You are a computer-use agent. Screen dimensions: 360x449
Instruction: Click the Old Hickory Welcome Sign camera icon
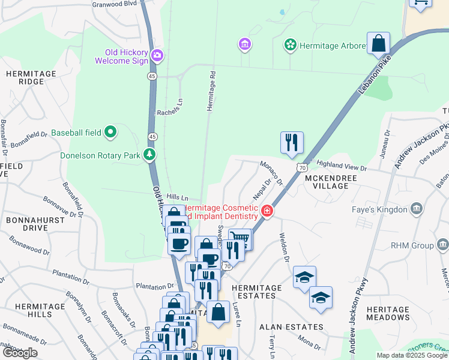point(157,56)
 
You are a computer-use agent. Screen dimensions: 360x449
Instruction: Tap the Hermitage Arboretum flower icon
point(290,45)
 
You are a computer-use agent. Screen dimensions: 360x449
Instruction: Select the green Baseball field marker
point(110,131)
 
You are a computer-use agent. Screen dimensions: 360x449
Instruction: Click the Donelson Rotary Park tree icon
point(150,155)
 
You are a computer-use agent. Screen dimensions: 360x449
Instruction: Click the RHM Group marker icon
point(443,244)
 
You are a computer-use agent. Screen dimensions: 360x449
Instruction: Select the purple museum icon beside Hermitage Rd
point(244,44)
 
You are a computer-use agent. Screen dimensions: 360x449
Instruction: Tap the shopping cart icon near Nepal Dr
point(240,239)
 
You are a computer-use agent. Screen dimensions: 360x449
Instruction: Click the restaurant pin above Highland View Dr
point(292,142)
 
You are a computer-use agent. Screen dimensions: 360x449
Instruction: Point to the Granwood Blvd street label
point(115,4)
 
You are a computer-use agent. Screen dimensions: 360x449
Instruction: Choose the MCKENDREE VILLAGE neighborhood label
point(335,182)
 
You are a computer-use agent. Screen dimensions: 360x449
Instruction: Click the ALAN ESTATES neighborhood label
point(291,327)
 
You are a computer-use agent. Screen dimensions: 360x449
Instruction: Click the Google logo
point(19,353)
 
